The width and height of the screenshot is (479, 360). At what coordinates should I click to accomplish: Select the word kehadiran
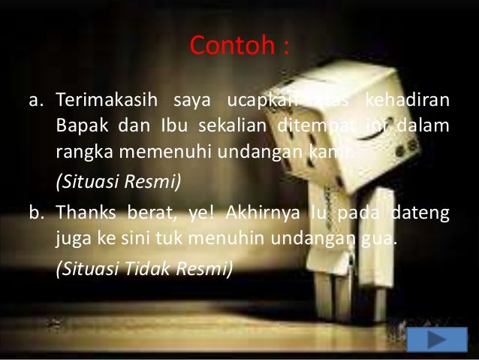tap(411, 101)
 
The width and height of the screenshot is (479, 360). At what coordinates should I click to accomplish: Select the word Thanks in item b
tap(83, 216)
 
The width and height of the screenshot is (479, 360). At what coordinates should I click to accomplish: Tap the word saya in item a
tap(190, 101)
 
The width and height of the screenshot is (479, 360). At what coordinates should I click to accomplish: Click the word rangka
tap(80, 153)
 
